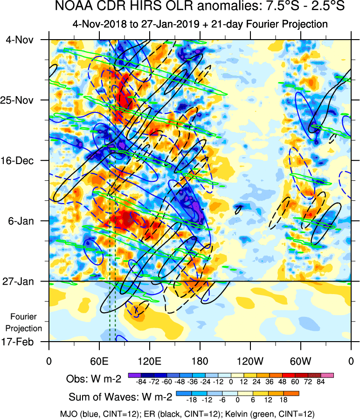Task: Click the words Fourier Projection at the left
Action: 26,322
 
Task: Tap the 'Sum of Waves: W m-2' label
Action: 121,398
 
